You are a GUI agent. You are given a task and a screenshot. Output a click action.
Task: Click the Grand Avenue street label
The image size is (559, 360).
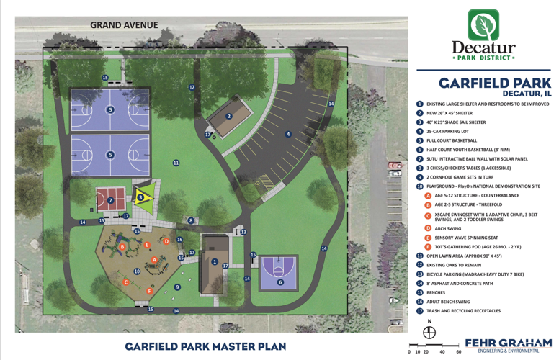coord(123,25)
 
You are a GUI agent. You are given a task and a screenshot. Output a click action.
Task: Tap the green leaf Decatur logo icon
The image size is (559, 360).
coord(483,24)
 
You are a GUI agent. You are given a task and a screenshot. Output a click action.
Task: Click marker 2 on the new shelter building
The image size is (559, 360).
coord(229,116)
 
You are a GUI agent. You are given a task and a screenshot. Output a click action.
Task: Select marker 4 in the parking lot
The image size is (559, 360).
coord(287,134)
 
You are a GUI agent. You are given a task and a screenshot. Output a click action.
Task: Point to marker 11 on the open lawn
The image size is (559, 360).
coord(176,163)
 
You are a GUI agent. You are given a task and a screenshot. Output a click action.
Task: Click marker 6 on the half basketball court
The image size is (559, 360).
coord(280,282)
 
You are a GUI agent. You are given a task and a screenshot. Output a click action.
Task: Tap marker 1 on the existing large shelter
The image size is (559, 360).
coord(214,262)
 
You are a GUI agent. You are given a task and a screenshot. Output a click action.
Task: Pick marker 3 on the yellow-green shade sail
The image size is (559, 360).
coord(141,197)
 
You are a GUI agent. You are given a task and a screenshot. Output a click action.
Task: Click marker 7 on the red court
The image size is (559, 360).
coord(110,200)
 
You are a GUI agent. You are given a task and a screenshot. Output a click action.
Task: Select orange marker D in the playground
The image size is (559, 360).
coord(166,241)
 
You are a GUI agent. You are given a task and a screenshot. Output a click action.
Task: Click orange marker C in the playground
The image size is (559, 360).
coord(126,282)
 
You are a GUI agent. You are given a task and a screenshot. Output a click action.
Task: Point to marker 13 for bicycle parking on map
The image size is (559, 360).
coord(243,232)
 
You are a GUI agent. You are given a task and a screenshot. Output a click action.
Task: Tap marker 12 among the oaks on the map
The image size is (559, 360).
coord(192,87)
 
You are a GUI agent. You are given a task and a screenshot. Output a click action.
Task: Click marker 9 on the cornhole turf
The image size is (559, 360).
coord(177,287)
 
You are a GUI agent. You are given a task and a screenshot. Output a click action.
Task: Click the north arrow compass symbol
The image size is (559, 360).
coord(430,332)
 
